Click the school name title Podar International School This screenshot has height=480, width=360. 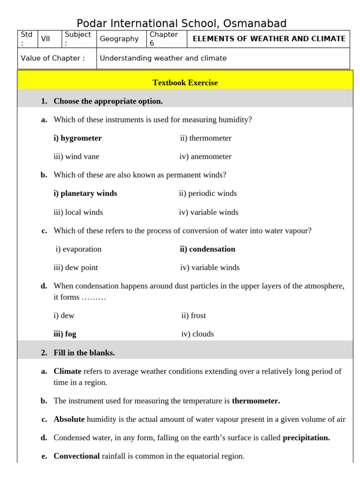click(181, 23)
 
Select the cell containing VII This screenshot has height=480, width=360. click(45, 39)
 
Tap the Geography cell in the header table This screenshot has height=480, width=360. click(119, 39)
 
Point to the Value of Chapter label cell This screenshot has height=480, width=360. click(53, 58)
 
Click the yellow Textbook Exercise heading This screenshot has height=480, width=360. click(185, 82)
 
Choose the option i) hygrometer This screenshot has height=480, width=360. click(77, 138)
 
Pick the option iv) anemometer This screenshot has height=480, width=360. click(205, 157)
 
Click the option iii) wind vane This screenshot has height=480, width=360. click(76, 157)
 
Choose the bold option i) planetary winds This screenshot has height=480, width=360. click(85, 193)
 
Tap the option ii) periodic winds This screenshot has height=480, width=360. click(208, 193)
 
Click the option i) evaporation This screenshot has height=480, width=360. click(78, 249)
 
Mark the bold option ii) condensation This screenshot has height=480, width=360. click(207, 249)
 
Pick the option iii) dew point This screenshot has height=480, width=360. click(76, 267)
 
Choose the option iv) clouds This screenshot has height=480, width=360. click(197, 334)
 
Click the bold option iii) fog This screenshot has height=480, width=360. click(65, 334)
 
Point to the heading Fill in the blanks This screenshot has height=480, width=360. click(84, 352)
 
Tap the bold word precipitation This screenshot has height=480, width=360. click(306, 437)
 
